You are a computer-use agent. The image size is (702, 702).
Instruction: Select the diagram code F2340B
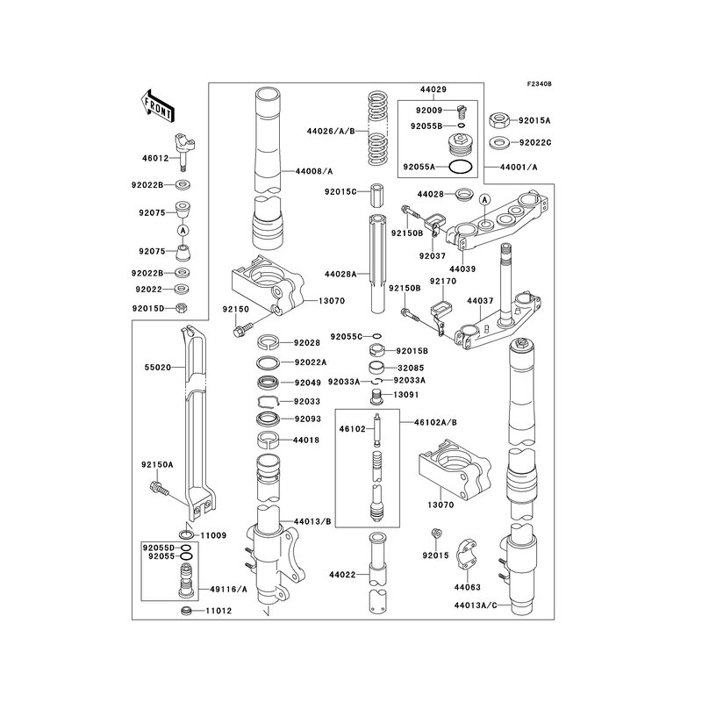pyautogui.click(x=539, y=83)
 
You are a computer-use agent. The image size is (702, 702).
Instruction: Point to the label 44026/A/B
pyautogui.click(x=331, y=132)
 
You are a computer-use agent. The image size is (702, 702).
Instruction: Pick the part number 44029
pyautogui.click(x=433, y=90)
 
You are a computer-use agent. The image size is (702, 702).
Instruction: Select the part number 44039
pyautogui.click(x=462, y=269)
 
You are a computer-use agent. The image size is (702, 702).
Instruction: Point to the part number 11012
pyautogui.click(x=218, y=611)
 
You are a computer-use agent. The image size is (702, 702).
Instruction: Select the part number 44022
pyautogui.click(x=341, y=576)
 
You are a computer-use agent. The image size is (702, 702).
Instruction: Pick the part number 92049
pyautogui.click(x=307, y=383)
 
